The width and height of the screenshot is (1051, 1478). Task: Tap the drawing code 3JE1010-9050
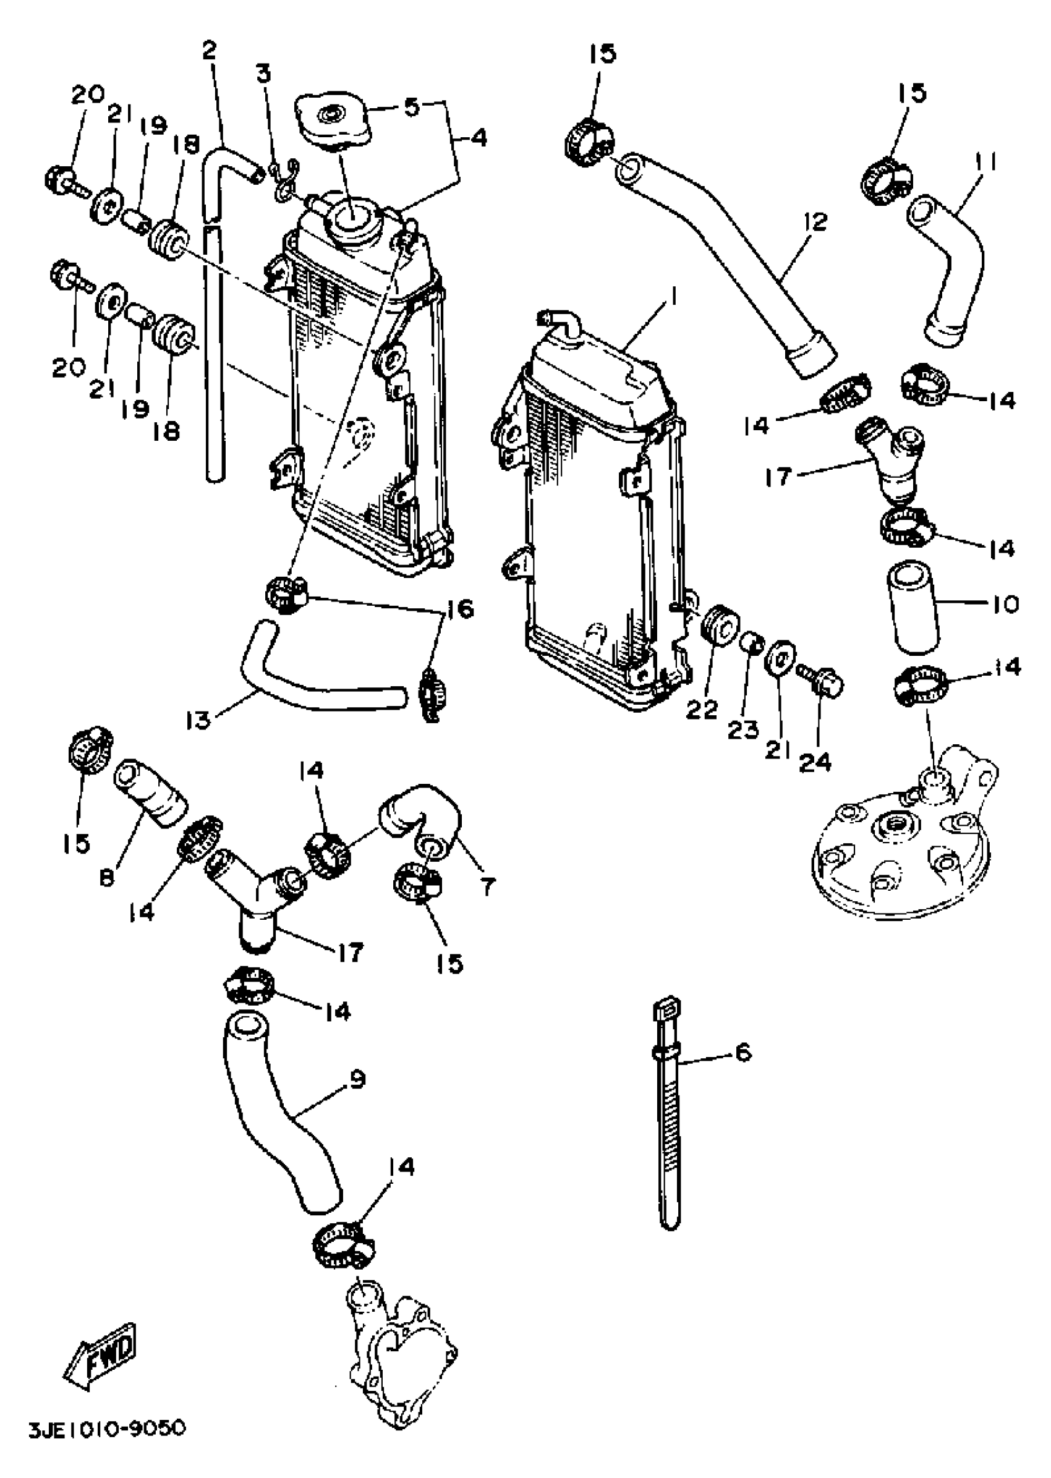pos(108,1428)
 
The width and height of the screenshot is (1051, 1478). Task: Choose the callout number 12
pos(817,223)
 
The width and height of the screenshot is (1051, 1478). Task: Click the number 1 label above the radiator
pos(673,299)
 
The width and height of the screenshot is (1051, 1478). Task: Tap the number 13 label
pos(198,720)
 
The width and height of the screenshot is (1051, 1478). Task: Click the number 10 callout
pos(1005,605)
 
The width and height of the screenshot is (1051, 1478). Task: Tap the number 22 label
pos(702,710)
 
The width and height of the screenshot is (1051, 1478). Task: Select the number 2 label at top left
pos(208,50)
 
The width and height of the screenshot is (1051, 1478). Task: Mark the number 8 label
pos(108,879)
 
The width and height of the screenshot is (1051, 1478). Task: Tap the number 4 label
pos(479,138)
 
